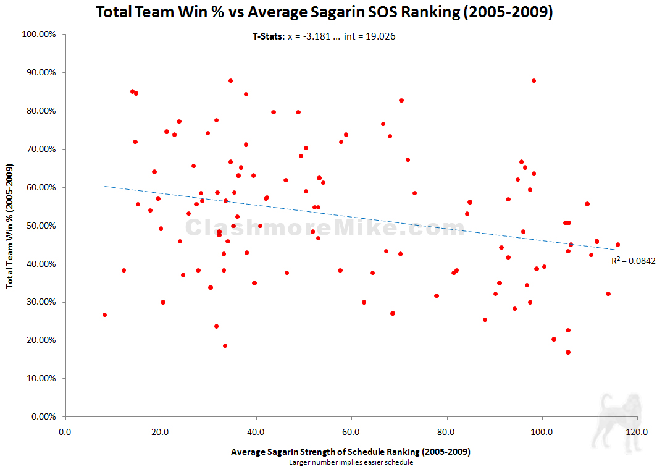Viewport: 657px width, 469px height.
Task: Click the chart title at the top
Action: pos(324,12)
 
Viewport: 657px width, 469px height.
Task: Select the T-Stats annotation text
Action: pos(324,36)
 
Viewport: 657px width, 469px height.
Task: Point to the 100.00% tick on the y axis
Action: pos(39,35)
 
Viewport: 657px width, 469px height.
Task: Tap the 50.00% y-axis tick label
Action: pos(41,226)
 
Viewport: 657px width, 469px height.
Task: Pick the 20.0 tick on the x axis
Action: pos(161,431)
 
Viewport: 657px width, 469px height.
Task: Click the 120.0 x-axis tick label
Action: pos(637,431)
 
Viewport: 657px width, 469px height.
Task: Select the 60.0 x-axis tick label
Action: pos(351,431)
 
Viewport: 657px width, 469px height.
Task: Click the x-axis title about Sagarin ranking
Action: pos(350,452)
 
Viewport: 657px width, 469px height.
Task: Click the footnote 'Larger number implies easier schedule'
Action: pos(350,462)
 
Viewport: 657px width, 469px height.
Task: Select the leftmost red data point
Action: pos(104,315)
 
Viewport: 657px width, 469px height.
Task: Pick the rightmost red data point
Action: pos(617,245)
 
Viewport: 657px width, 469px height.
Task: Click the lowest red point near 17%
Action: pos(568,352)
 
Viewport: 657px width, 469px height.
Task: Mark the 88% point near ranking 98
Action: pos(534,80)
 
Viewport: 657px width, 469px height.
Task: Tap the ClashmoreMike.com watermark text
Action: pos(325,228)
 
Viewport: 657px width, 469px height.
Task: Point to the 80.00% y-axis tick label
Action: pos(41,111)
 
